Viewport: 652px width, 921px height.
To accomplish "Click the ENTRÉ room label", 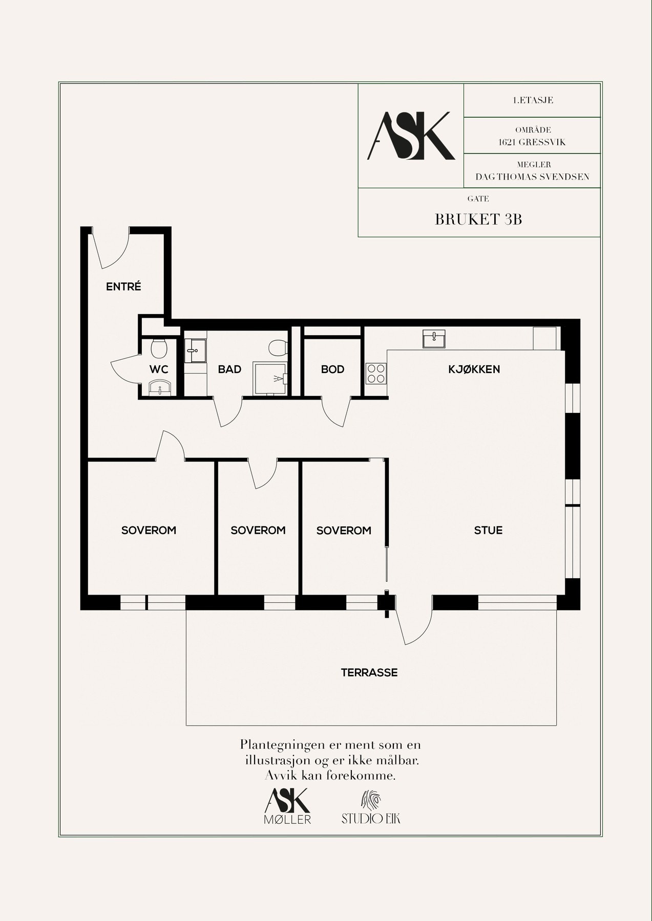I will pos(123,287).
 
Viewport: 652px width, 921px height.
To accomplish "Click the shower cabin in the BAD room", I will pos(270,379).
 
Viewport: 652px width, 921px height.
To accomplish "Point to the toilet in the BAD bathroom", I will pos(278,348).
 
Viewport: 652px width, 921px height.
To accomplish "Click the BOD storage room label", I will pos(332,369).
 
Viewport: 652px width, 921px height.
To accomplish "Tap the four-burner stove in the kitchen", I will pos(376,373).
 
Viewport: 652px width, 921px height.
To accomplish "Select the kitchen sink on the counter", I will pos(434,339).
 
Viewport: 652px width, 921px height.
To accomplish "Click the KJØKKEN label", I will pos(474,369).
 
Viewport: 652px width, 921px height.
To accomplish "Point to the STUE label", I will pos(488,531).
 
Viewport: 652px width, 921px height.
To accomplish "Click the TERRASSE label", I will pos(369,673).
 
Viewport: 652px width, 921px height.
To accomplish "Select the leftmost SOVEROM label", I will pos(149,531).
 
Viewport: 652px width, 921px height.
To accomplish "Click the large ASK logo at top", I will pos(411,136).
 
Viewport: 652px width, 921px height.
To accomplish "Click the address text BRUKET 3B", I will pos(478,220).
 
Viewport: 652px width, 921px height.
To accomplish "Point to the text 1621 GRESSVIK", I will pos(532,142).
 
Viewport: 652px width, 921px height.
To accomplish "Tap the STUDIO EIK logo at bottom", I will pos(371,809).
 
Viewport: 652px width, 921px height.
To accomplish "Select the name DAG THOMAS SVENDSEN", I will pos(532,177).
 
